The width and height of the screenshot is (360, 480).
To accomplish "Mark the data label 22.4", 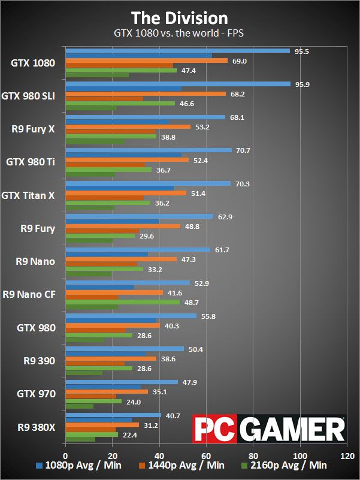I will coord(130,435).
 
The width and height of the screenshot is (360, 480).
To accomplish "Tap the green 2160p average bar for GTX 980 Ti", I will coord(108,170).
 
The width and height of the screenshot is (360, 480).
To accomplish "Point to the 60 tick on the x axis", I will coord(206,455).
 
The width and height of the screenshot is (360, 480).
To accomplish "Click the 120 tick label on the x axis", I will coord(347,455).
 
